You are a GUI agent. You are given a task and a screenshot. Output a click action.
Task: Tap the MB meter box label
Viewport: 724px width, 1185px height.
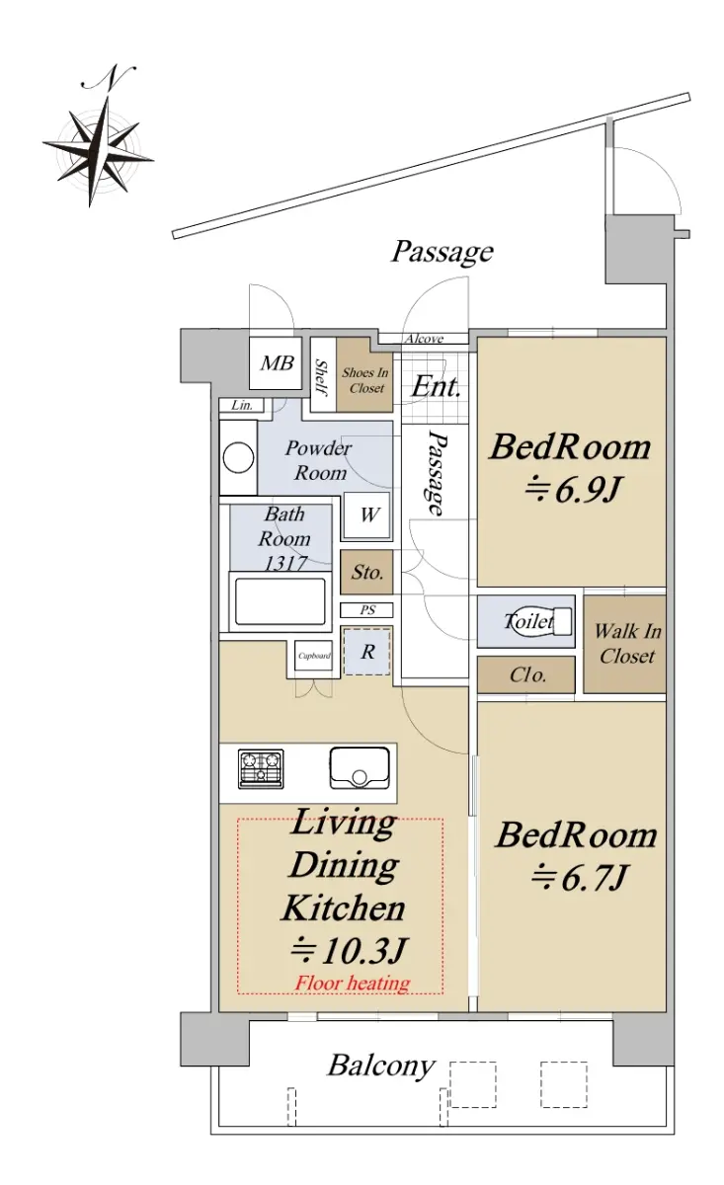pos(277,363)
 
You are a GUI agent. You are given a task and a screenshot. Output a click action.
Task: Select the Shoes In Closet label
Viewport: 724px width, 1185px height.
pos(365,380)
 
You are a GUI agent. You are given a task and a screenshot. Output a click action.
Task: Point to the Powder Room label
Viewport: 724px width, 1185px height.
pos(319,460)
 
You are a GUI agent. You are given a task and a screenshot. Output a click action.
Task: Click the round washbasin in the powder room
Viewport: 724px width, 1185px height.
pos(238,457)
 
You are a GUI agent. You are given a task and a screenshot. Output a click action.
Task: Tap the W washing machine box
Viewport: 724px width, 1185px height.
pos(367,515)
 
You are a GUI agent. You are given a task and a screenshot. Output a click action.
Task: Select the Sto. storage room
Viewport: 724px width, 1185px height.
pos(366,572)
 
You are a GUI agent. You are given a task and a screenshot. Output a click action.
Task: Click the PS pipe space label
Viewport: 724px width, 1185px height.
pos(367,610)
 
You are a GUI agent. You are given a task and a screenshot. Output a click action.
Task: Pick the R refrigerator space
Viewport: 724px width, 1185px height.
pos(367,652)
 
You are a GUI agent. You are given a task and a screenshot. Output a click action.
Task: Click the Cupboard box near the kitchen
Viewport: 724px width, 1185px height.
pos(314,656)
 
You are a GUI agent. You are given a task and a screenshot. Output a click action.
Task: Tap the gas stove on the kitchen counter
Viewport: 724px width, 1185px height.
pos(261,768)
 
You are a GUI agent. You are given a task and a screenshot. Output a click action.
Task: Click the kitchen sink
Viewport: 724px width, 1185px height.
pos(360,767)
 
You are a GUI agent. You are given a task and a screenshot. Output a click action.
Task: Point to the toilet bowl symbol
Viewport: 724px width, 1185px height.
pos(538,621)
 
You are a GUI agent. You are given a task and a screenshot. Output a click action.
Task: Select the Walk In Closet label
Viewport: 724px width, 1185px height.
pos(627,643)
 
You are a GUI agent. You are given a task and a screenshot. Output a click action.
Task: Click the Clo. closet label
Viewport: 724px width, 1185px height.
pos(527,675)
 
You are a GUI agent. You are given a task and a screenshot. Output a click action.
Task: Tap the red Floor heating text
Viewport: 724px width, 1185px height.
pos(353,983)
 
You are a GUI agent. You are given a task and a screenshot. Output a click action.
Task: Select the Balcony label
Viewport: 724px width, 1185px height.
pos(381,1066)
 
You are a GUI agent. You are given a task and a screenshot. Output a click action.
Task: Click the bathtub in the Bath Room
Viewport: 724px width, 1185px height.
pos(280,601)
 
